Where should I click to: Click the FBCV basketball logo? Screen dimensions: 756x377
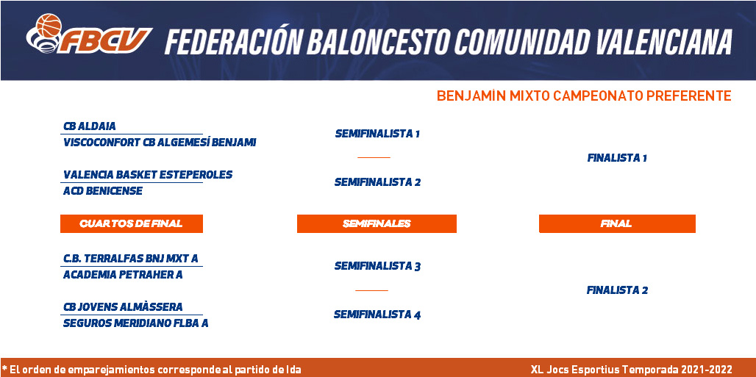[x=89, y=34]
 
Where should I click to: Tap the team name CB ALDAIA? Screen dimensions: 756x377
[x=90, y=126]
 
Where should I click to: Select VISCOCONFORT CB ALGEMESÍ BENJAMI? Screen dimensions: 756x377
[x=160, y=143]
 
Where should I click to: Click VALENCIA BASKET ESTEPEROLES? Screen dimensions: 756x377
[x=148, y=174]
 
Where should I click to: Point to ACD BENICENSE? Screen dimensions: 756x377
[x=103, y=191]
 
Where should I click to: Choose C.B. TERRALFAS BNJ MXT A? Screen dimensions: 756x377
[x=131, y=259]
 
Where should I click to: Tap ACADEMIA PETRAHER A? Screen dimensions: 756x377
[x=123, y=275]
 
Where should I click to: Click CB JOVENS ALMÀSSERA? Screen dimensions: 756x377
[x=123, y=307]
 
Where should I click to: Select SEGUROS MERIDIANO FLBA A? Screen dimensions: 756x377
[x=136, y=323]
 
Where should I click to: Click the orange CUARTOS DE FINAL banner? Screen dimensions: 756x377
[x=131, y=223]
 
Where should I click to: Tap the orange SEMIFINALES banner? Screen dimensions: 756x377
[x=377, y=223]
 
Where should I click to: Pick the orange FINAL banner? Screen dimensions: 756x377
[x=617, y=223]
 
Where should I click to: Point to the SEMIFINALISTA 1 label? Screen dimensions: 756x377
[x=377, y=134]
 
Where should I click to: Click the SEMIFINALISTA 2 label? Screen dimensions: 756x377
[x=377, y=182]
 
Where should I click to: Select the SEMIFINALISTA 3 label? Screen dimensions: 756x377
[x=377, y=266]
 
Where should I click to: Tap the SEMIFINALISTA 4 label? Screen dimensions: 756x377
[x=377, y=315]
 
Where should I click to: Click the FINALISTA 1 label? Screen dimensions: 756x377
[x=617, y=158]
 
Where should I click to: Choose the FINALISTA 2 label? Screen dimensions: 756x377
[x=617, y=290]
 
